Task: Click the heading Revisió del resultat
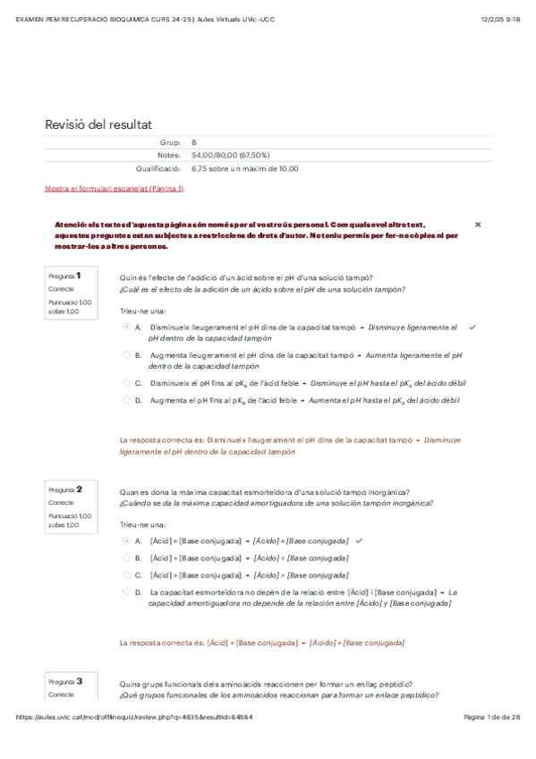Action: (104, 124)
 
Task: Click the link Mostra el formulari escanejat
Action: (114, 189)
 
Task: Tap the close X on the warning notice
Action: (477, 224)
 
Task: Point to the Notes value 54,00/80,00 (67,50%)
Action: (231, 156)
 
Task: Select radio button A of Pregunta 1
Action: (126, 328)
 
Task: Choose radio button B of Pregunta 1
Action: (126, 355)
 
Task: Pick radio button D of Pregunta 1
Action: (126, 400)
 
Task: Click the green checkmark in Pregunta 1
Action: (472, 328)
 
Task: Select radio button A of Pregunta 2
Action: (126, 542)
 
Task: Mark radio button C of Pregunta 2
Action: (126, 575)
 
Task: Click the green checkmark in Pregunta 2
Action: (359, 542)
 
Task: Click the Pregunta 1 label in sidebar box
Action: (65, 277)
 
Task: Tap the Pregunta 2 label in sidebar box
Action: (65, 490)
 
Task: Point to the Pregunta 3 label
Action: (65, 681)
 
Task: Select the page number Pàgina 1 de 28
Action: (491, 743)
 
